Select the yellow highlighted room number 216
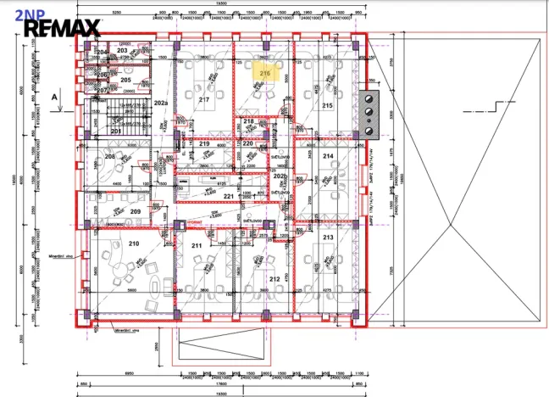pyautogui.click(x=264, y=74)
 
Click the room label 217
pyautogui.click(x=203, y=100)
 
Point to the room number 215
pyautogui.click(x=327, y=105)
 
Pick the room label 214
pyautogui.click(x=328, y=156)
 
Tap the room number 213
pyautogui.click(x=328, y=238)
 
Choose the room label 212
pyautogui.click(x=274, y=278)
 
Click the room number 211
pyautogui.click(x=197, y=246)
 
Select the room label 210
pyautogui.click(x=133, y=244)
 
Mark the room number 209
pyautogui.click(x=135, y=211)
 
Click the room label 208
pyautogui.click(x=109, y=157)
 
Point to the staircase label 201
pyautogui.click(x=115, y=131)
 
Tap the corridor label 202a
pyautogui.click(x=160, y=102)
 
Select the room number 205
pyautogui.click(x=125, y=80)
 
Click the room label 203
pyautogui.click(x=122, y=51)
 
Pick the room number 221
pyautogui.click(x=228, y=197)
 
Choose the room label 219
pyautogui.click(x=204, y=144)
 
